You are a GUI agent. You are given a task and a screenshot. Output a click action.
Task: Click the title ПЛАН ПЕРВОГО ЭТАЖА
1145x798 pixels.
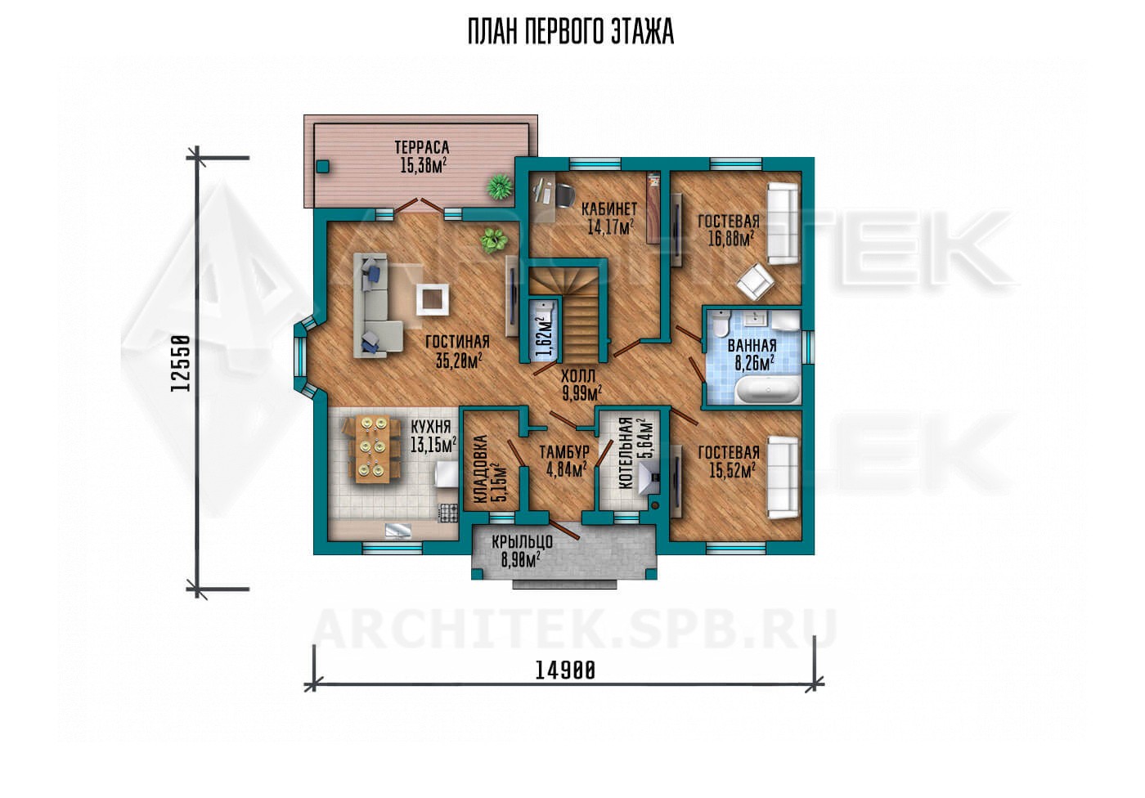point(571,32)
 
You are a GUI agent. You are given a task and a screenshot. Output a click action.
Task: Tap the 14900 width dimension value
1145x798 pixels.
point(565,670)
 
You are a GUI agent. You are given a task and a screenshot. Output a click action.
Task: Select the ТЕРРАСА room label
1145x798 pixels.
point(422,148)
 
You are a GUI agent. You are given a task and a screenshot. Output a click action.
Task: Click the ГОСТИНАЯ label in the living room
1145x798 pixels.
point(457,341)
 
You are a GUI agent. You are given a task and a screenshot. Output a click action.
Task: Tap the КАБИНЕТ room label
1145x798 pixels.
point(609,208)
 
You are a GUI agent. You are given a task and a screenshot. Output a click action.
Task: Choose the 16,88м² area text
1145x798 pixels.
point(731,239)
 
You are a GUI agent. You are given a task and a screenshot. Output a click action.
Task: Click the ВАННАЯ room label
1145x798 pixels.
point(752,345)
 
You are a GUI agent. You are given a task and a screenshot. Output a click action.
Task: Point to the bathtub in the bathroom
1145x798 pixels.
point(767,390)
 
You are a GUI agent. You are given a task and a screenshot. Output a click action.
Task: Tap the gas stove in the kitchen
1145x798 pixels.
point(448,513)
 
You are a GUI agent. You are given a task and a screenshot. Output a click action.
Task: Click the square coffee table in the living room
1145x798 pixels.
point(433,300)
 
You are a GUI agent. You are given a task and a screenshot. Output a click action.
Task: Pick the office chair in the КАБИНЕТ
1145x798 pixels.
point(564,195)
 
